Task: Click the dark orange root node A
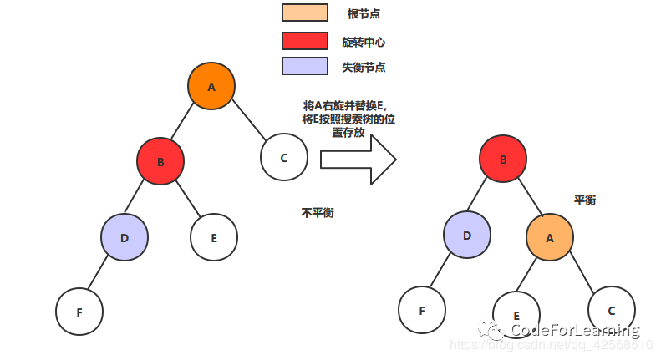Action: click(211, 86)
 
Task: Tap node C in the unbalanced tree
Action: click(284, 156)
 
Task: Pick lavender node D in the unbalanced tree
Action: click(125, 237)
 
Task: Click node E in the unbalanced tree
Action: click(214, 237)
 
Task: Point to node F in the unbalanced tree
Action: click(79, 311)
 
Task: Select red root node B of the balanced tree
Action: click(503, 158)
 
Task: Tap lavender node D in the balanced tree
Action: click(467, 235)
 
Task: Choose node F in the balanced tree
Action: click(422, 310)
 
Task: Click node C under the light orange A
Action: click(612, 310)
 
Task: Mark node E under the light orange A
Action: click(516, 313)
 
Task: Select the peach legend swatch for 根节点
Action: click(305, 13)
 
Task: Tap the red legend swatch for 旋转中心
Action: click(305, 41)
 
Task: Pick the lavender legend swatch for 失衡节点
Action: click(305, 67)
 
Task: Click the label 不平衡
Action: click(318, 213)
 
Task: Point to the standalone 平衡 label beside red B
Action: click(585, 200)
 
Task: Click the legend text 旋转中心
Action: click(364, 42)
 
